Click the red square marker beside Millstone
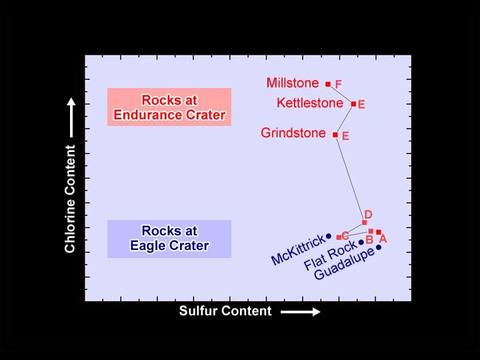[x=328, y=84]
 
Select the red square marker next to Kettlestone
[x=353, y=103]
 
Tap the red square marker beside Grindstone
[x=335, y=135]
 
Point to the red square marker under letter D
[x=364, y=222]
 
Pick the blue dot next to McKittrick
[x=328, y=236]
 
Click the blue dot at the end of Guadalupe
[x=379, y=247]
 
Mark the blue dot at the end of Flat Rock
[x=361, y=243]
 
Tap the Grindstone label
[x=293, y=133]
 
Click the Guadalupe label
[x=344, y=265]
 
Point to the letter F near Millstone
[x=339, y=85]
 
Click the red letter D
[x=368, y=214]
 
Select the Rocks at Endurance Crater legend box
[x=169, y=107]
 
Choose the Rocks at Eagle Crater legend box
[x=169, y=239]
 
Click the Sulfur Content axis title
[x=225, y=311]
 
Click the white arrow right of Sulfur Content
[x=301, y=311]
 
